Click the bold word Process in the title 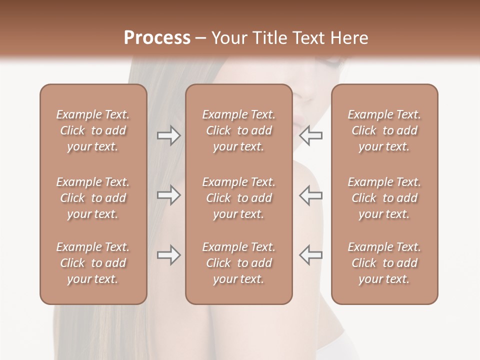click(157, 38)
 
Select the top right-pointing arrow click(168, 135)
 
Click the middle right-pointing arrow click(168, 195)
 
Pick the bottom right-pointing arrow click(168, 255)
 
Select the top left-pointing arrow click(310, 135)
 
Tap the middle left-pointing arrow click(310, 195)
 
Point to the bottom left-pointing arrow click(310, 255)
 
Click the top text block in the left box click(93, 130)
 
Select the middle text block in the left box click(93, 198)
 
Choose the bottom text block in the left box click(93, 263)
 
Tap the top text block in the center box click(239, 130)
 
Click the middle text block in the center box click(239, 198)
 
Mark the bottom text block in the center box click(239, 263)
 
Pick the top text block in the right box click(384, 130)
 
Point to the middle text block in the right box click(384, 198)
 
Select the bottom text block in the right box click(384, 263)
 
